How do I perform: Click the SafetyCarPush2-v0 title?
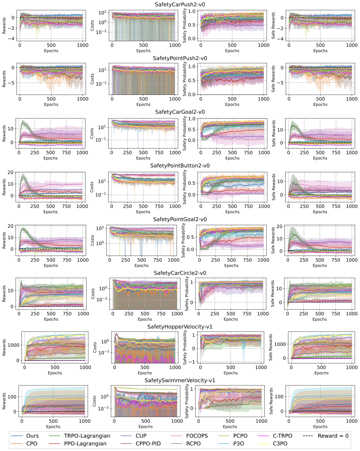coord(180,5)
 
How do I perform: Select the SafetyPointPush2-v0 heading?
coord(180,58)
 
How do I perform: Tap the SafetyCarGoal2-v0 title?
coord(180,112)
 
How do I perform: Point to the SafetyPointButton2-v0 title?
coord(180,166)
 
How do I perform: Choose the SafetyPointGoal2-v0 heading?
coord(180,219)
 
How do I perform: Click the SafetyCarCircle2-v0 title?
coord(180,273)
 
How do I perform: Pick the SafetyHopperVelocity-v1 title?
coord(180,327)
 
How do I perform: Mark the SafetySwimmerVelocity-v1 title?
coord(180,381)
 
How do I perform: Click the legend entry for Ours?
coord(32,436)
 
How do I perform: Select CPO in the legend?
coord(31,444)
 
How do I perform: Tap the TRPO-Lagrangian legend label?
coord(87,436)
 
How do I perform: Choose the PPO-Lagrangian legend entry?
coord(85,444)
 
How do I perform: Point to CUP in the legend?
coord(141,436)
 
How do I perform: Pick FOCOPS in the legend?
coord(197,436)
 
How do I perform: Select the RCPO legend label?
coord(193,444)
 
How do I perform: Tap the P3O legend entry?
coord(238,444)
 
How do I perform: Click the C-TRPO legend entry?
coord(282,436)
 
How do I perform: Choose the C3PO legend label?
coord(280,444)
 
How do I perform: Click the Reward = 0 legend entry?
coord(333,436)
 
